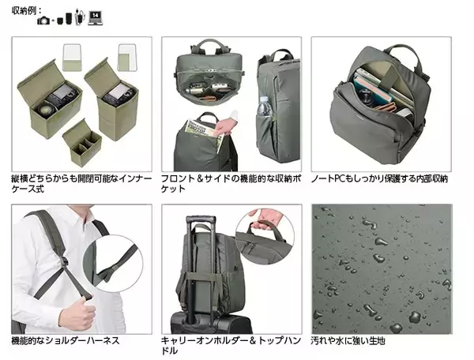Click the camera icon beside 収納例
coord(43,21)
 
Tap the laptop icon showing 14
coord(96,18)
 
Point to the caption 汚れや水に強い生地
coord(348,341)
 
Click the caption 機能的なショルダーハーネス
coord(66,341)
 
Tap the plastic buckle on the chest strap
coord(64,261)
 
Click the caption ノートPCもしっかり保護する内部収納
coord(379,178)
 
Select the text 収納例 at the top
coord(24,10)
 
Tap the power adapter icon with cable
coord(79,17)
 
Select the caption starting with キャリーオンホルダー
coord(231,346)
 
